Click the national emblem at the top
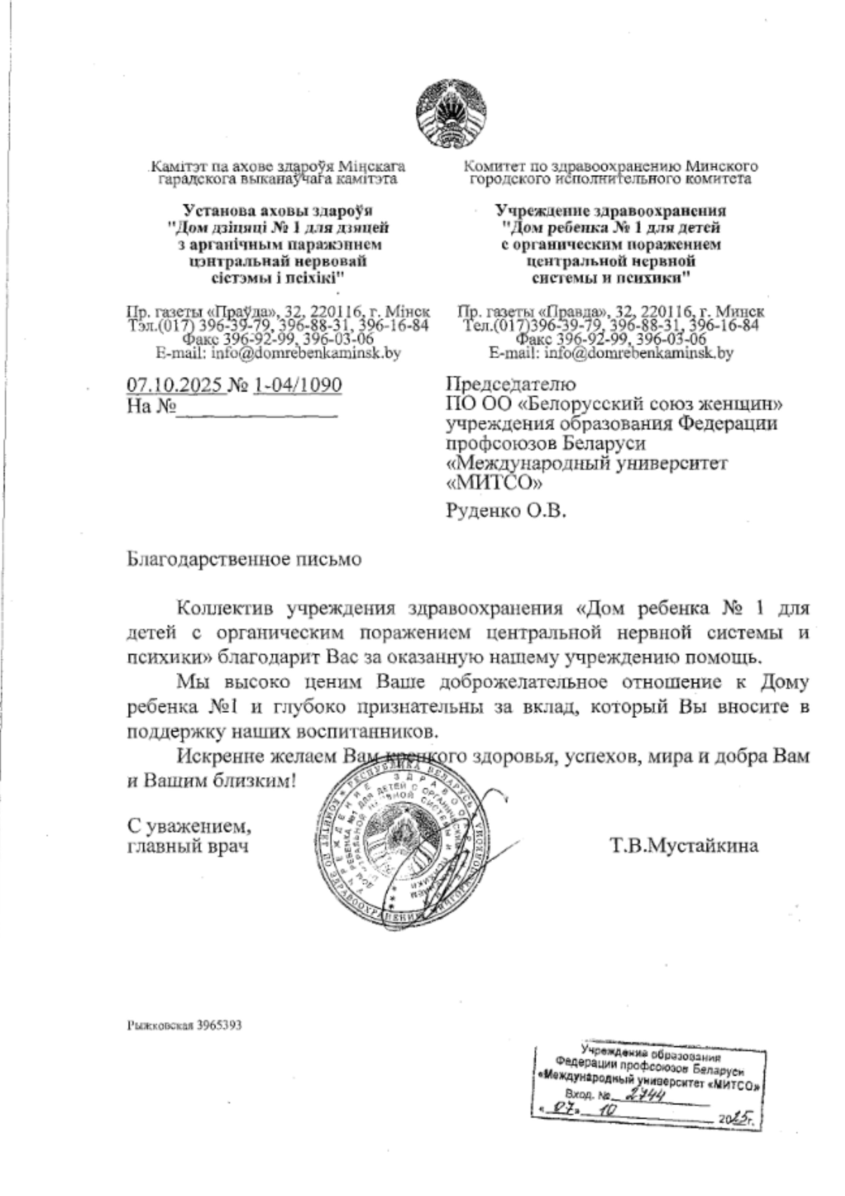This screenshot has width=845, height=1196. click(452, 114)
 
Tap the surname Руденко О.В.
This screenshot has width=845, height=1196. click(506, 511)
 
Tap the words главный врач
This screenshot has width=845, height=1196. click(187, 846)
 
